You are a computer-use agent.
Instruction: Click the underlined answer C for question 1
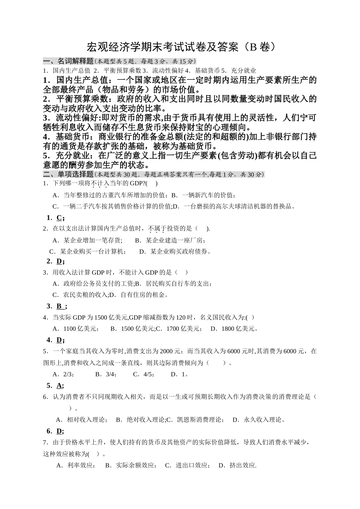(59, 218)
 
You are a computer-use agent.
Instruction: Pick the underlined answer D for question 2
(59, 261)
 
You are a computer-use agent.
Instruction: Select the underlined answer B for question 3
(59, 306)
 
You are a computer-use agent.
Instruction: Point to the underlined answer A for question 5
(59, 386)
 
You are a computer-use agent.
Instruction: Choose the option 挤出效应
(243, 465)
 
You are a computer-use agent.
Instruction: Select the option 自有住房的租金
(144, 295)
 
